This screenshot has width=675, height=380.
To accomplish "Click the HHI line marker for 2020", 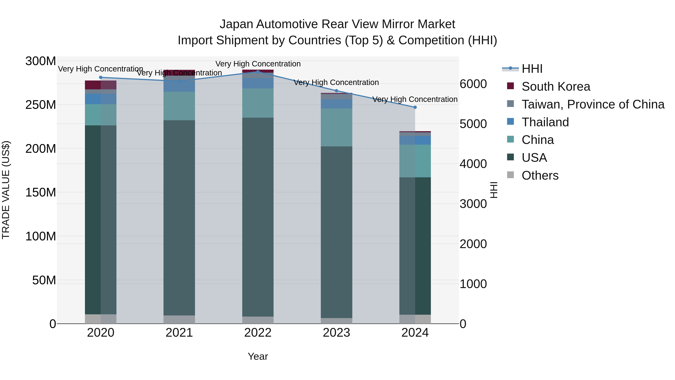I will [101, 77].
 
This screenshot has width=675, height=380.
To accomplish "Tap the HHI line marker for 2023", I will [336, 91].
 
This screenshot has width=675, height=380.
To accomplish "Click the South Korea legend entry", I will [556, 87].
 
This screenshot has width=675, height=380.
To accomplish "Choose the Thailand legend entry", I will [545, 122].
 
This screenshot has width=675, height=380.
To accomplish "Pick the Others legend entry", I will [540, 175].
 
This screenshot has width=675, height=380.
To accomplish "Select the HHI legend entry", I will [532, 69].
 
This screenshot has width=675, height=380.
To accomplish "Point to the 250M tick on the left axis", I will [41, 105].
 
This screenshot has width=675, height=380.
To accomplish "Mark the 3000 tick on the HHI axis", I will [473, 204].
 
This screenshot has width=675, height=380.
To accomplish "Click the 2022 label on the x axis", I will [258, 333].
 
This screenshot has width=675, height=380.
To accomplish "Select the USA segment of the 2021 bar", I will [179, 218].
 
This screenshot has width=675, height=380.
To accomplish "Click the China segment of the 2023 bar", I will [336, 127].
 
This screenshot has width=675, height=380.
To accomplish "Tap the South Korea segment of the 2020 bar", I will [101, 85].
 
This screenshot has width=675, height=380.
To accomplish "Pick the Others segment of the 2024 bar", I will [415, 319].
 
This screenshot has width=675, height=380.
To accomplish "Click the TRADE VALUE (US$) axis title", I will [6, 190].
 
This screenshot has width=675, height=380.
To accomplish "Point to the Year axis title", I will [258, 356].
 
